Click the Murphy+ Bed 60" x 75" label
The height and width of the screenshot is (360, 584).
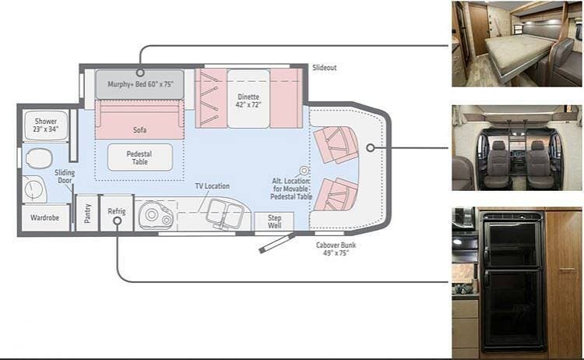pyautogui.click(x=140, y=83)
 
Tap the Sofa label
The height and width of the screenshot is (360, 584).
pyautogui.click(x=139, y=129)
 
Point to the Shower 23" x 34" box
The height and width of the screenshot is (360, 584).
pyautogui.click(x=44, y=125)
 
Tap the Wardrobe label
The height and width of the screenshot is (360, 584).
pyautogui.click(x=44, y=219)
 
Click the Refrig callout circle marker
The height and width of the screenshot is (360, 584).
pyautogui.click(x=116, y=221)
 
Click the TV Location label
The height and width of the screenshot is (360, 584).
pyautogui.click(x=212, y=186)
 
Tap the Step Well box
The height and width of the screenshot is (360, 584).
pyautogui.click(x=274, y=221)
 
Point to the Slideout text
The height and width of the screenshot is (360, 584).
pyautogui.click(x=324, y=68)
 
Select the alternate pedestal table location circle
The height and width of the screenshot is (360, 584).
pyautogui.click(x=304, y=170)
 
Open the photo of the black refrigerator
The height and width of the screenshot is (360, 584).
pyautogui.click(x=516, y=282)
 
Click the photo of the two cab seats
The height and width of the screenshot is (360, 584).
pyautogui.click(x=516, y=148)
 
